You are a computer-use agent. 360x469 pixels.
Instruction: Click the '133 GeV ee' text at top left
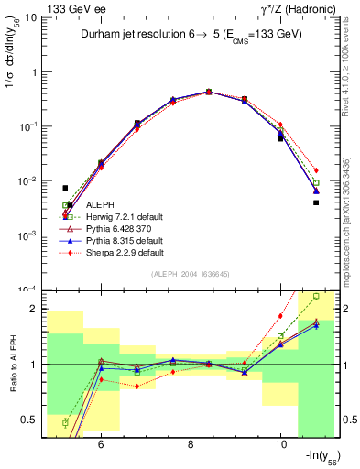coord(69,8)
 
